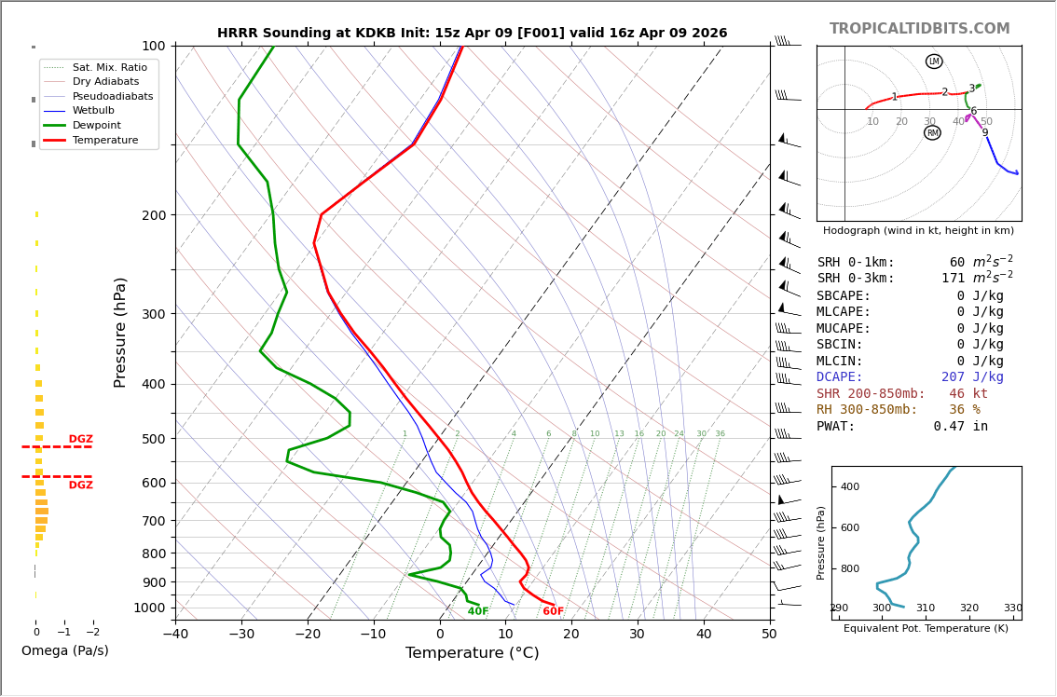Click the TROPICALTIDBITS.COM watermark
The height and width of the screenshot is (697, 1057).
coord(919,29)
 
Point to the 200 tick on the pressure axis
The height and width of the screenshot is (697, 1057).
coord(154,215)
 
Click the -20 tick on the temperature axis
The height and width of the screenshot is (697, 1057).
coord(308,635)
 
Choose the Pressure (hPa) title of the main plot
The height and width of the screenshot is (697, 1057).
coord(121,332)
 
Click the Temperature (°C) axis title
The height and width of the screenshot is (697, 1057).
coord(472,653)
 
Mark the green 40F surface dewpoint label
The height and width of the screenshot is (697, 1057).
coord(478,612)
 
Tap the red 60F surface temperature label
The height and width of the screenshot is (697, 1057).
coord(554,612)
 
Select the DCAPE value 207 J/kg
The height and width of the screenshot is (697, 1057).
coord(972,377)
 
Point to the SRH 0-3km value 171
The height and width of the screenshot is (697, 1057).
coord(953,279)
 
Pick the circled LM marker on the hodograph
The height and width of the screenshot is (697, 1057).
coord(934,61)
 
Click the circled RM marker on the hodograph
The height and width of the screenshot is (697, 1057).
coord(932,133)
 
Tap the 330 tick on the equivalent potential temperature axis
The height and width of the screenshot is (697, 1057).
coord(1012,608)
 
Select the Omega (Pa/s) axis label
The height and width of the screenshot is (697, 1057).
coord(65,651)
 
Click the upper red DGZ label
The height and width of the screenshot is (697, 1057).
coord(80,440)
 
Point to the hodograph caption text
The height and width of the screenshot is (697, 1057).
coord(918,231)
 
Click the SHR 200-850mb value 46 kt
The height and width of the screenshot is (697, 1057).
coord(968,394)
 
